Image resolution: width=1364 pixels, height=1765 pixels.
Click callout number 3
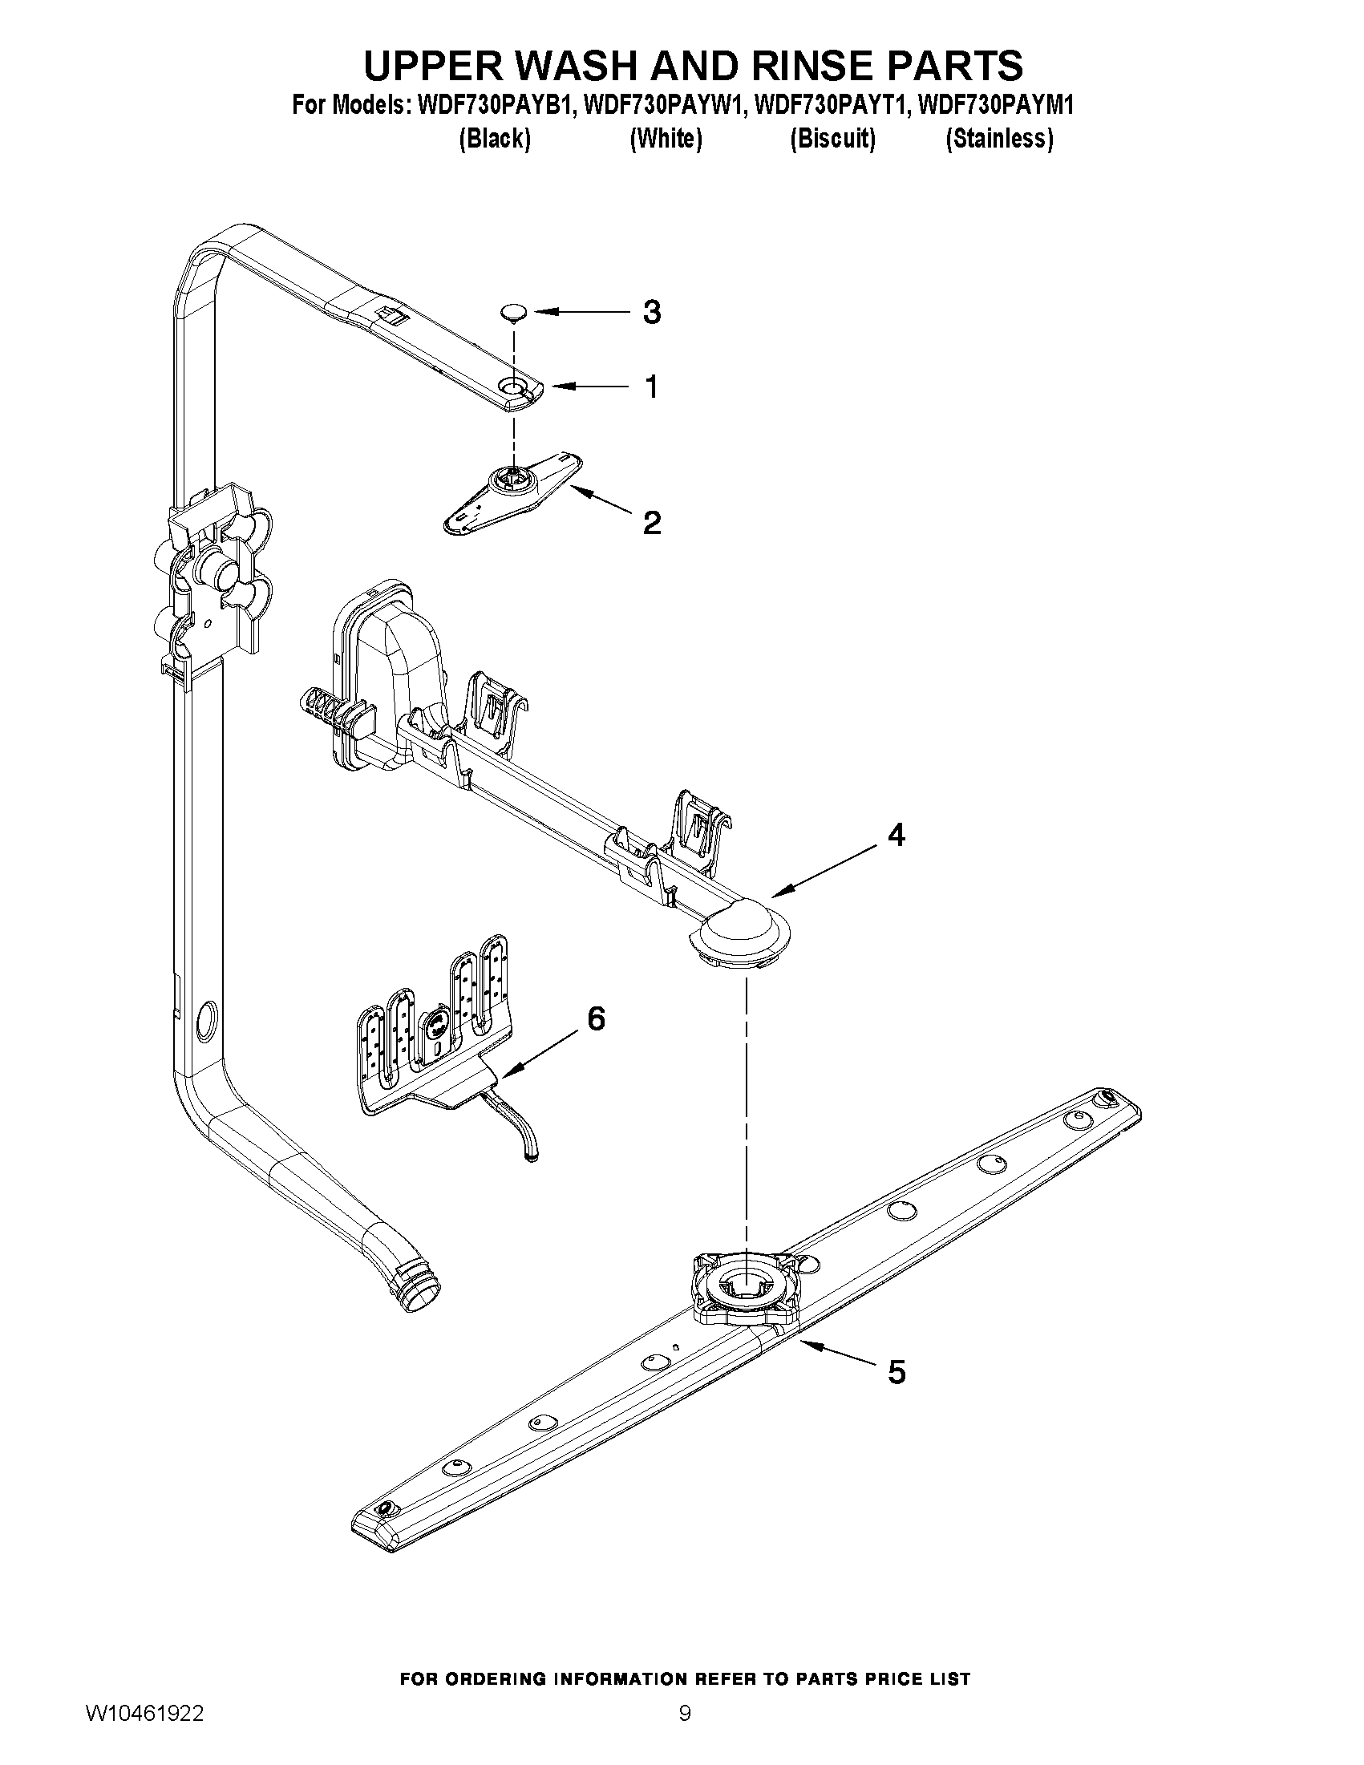click(x=651, y=312)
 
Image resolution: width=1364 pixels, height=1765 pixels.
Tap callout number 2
click(x=651, y=523)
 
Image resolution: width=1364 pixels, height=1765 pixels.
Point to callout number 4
click(x=896, y=835)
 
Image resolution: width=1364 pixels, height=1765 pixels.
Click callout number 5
click(x=897, y=1371)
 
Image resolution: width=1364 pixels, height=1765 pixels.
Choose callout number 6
click(x=596, y=1019)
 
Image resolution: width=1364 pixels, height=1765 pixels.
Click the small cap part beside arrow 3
click(x=512, y=312)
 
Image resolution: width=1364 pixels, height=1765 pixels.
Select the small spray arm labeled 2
click(x=514, y=492)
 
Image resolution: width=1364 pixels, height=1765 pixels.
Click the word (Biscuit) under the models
click(x=832, y=139)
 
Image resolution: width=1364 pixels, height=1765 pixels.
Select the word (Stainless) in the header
click(x=999, y=139)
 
